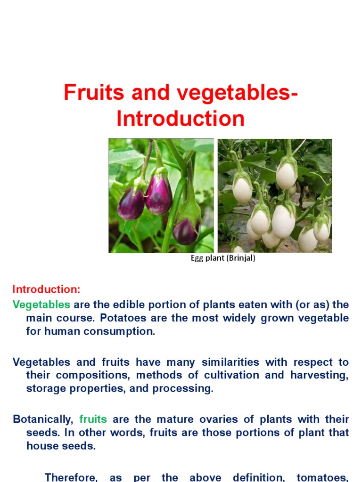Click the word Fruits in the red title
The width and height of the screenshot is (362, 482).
[90, 93]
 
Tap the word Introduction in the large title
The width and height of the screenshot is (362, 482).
[181, 119]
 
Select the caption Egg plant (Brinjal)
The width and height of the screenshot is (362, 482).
[223, 258]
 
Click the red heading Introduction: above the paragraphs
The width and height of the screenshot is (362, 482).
[46, 289]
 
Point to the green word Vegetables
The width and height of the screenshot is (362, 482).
[41, 305]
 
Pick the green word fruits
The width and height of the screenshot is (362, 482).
[93, 419]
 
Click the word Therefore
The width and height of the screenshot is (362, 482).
[71, 477]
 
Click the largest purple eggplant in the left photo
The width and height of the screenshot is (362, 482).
[158, 193]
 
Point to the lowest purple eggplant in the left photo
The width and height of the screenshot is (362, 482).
[185, 230]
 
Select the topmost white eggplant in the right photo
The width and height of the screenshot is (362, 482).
[286, 175]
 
